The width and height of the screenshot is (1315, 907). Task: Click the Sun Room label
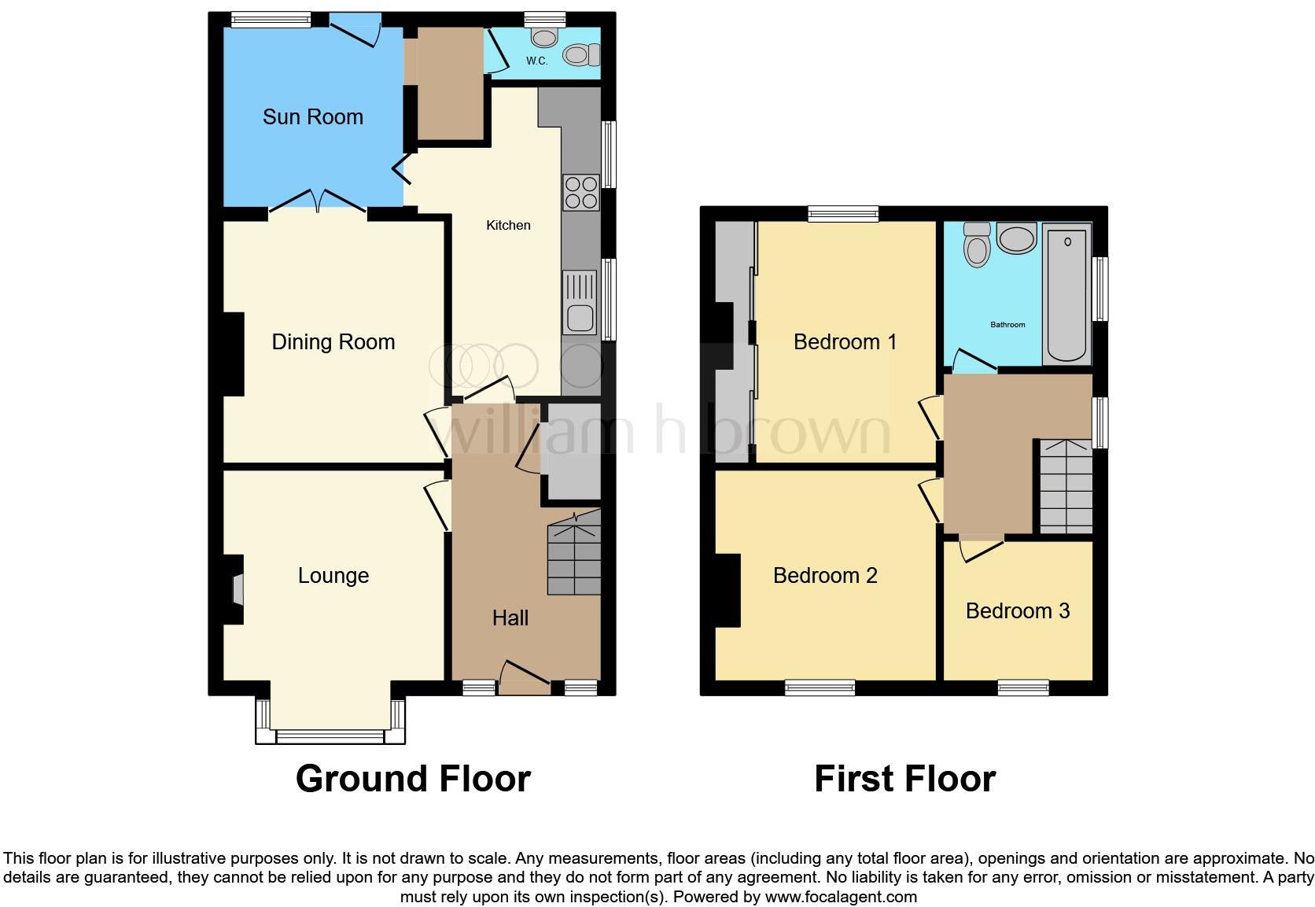coord(312,117)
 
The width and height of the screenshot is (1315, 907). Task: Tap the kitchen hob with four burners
coord(581,192)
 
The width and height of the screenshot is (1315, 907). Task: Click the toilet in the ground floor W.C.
coord(580,55)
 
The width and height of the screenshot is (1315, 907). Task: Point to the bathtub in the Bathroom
coord(1066,294)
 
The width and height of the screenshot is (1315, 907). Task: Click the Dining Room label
coord(333,342)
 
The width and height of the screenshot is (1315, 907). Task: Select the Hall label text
coord(510,618)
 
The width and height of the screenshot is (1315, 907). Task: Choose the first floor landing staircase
coord(1066,486)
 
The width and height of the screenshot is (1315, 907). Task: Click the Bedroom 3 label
coord(1017,611)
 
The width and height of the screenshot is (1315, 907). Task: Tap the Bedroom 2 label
coord(824,576)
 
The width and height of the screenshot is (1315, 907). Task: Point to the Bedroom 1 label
coord(845,342)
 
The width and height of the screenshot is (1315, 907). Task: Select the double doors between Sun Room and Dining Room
coord(318,202)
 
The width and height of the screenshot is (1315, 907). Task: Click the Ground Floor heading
coord(413,779)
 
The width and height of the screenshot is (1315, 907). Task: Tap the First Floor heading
coord(904,779)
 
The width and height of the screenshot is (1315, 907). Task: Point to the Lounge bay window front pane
coord(330,737)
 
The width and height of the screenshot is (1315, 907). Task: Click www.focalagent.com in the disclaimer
coord(841,897)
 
